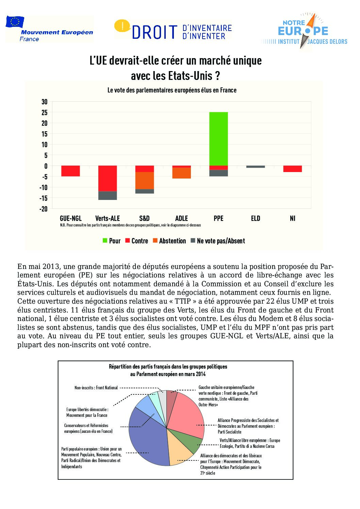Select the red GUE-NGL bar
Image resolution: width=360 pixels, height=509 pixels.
(70, 171)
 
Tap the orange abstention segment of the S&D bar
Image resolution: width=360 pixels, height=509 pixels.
(145, 181)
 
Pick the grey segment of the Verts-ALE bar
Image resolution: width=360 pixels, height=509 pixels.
(108, 196)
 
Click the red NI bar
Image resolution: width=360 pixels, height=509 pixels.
(292, 169)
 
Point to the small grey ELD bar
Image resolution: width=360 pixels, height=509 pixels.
(256, 167)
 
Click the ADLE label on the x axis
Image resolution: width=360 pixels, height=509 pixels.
(181, 218)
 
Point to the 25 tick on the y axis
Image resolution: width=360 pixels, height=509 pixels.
(45, 112)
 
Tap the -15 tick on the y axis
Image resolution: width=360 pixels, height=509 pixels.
(43, 198)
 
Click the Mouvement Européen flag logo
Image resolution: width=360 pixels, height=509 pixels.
(15, 22)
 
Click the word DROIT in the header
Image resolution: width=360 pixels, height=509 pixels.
(155, 32)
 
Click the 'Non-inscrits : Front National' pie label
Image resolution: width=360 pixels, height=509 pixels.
(96, 388)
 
